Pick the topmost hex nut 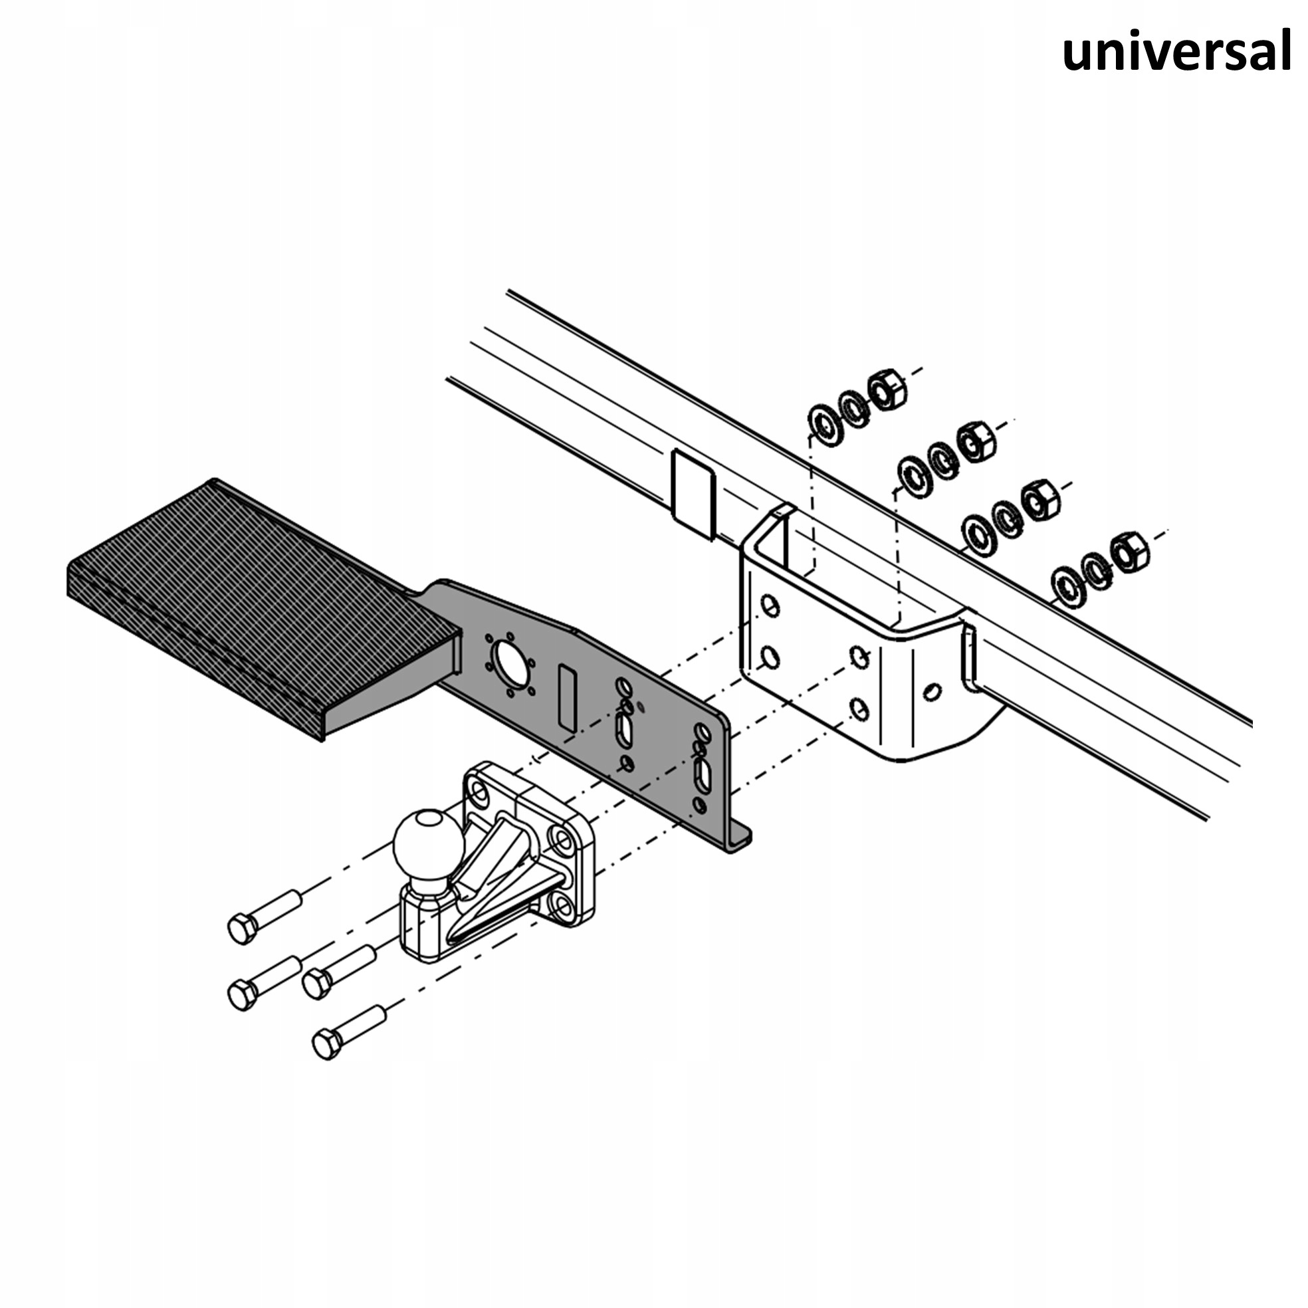click(x=887, y=389)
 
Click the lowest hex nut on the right click(x=1129, y=552)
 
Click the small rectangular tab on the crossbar click(x=693, y=495)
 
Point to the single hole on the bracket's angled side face click(x=932, y=691)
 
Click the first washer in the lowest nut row click(x=1068, y=587)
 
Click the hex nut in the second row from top click(x=976, y=441)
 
